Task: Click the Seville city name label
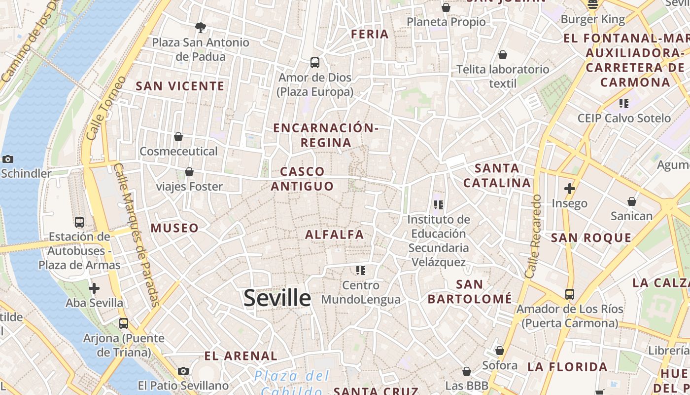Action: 277,298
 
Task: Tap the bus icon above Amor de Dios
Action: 315,63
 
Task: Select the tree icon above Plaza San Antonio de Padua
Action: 200,27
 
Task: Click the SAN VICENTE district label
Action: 180,86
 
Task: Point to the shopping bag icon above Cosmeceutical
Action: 178,136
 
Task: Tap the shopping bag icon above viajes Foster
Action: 189,172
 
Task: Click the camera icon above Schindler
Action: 7,159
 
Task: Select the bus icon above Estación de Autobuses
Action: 79,222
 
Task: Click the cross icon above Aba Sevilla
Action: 94,288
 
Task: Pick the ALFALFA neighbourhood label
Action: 335,235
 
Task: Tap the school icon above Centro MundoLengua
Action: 361,270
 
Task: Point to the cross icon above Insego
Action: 570,188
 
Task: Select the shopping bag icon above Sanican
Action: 632,201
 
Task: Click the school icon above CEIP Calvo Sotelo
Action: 624,104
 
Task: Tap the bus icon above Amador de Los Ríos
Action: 570,294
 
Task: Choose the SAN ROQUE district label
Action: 591,237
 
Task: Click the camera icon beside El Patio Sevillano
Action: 183,371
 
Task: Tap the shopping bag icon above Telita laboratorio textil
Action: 503,55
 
